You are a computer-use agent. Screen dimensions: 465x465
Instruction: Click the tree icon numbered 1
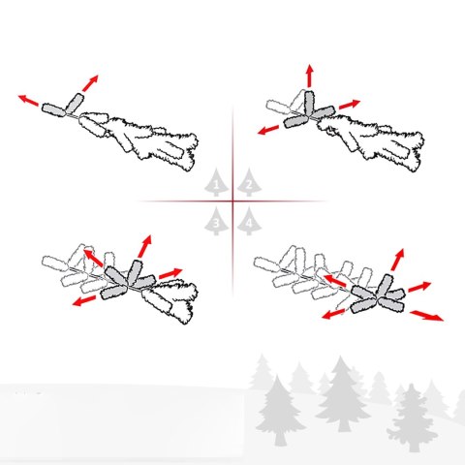(x=216, y=183)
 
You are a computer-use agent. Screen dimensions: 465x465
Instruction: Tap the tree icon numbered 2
(x=249, y=183)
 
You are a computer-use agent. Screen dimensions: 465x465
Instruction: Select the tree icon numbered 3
(x=216, y=221)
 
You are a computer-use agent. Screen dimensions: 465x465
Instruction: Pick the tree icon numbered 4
(x=249, y=221)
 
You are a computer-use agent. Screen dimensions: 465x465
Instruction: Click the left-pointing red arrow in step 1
(x=28, y=100)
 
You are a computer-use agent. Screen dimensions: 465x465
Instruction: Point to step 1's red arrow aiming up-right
(x=90, y=83)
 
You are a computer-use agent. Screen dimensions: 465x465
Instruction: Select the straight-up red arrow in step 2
(x=310, y=76)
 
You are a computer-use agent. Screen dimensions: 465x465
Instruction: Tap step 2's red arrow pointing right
(x=349, y=105)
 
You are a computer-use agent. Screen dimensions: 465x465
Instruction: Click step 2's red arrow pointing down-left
(x=268, y=130)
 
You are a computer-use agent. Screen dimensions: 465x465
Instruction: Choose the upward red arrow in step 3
(x=144, y=246)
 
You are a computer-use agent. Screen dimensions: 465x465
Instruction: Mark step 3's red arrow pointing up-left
(x=94, y=258)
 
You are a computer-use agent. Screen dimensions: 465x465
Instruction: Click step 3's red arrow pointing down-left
(x=84, y=300)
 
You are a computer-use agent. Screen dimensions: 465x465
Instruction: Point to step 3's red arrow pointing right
(x=170, y=273)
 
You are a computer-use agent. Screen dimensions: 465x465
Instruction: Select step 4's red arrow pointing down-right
(x=426, y=316)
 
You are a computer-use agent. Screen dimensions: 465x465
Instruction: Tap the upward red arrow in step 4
(x=397, y=260)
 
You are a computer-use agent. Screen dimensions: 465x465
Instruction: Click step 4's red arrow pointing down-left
(x=333, y=314)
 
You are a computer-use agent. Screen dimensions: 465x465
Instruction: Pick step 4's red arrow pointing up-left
(x=335, y=281)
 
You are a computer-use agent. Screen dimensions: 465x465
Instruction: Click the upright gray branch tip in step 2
(x=309, y=104)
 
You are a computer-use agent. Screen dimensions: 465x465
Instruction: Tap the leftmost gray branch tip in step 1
(x=53, y=109)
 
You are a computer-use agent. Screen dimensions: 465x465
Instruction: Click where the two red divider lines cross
(x=232, y=201)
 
